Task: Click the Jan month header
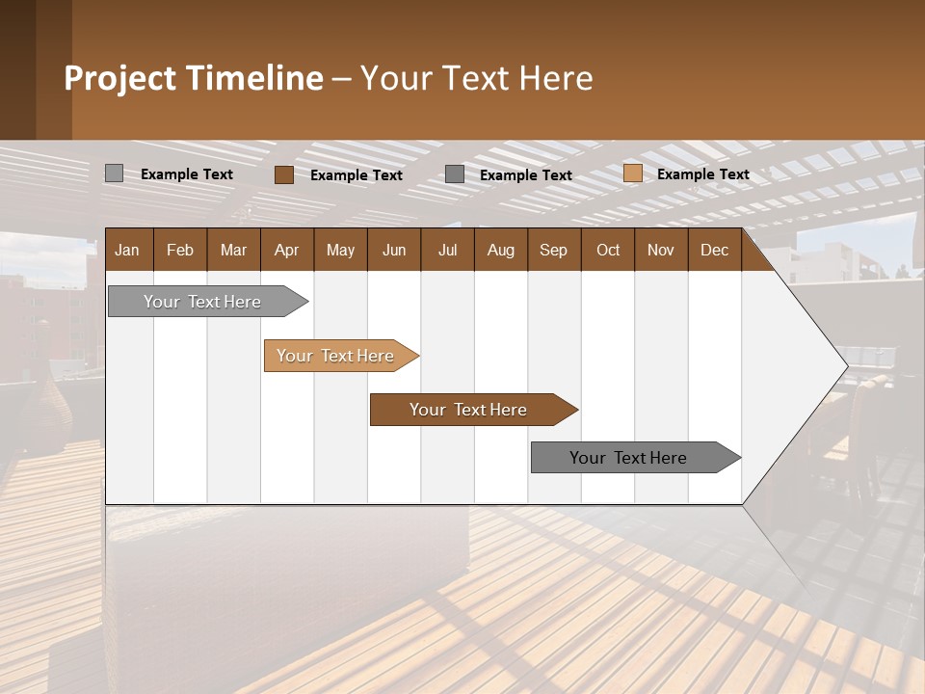point(128,250)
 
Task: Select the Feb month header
point(180,250)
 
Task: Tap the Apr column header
point(287,250)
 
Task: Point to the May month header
point(340,250)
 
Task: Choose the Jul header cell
point(447,250)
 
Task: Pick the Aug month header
point(501,250)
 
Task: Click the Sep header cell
point(554,250)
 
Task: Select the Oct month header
point(608,250)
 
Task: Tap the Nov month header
point(661,250)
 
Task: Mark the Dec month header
point(715,250)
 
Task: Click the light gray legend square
point(115,173)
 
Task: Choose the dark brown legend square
point(284,174)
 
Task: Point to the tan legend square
point(633,173)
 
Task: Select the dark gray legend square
point(455,174)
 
